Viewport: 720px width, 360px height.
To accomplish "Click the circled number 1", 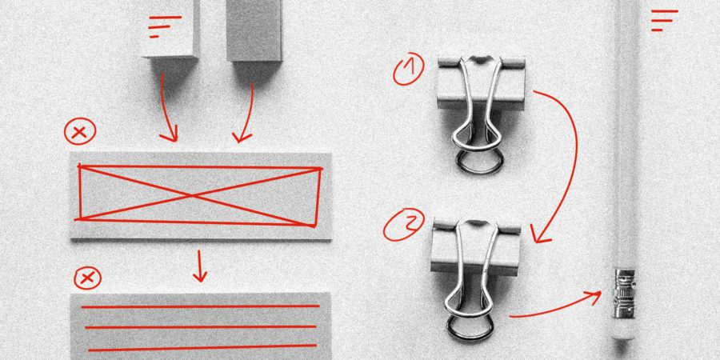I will coord(409,70).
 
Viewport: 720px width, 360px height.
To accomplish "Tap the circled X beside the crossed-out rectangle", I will coord(79,132).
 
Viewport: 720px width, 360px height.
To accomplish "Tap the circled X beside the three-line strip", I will coord(87,278).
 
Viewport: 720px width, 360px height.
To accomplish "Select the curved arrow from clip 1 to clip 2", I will coord(565,160).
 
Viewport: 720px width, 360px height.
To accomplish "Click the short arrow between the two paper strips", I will coord(199,266).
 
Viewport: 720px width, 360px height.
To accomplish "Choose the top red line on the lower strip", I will coord(200,306).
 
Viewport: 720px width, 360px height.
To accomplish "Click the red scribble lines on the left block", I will coord(164,26).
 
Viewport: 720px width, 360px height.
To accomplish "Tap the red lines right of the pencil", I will coord(663,19).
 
